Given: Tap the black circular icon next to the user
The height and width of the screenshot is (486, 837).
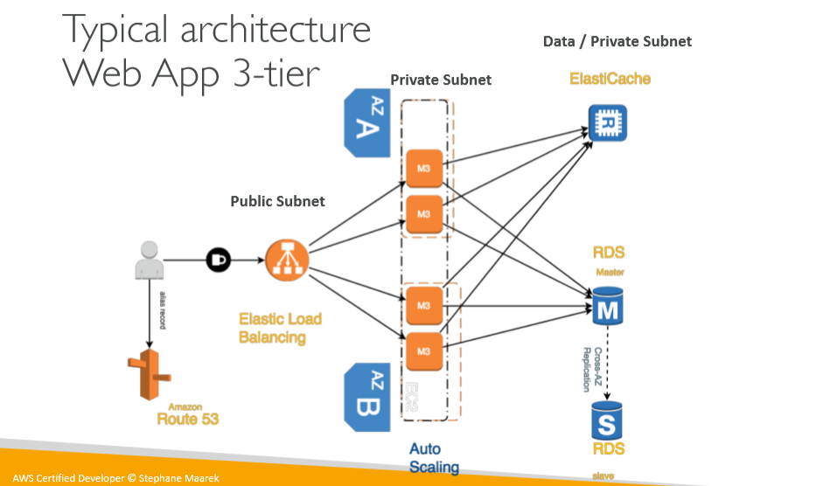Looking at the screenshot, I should tap(218, 260).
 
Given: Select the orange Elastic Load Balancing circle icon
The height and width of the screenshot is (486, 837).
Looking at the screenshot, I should tap(283, 260).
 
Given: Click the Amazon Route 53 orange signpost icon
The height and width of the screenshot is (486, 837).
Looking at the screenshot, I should tap(147, 374).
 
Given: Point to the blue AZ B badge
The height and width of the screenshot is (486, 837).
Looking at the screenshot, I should tap(366, 397).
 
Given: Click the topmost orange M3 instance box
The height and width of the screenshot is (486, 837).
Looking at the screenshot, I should tap(423, 168).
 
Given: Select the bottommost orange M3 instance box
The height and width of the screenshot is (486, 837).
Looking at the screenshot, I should tap(423, 351).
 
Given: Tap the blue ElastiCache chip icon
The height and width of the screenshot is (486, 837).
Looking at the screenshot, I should tap(608, 122).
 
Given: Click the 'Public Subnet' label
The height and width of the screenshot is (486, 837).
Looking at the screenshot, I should tap(277, 201).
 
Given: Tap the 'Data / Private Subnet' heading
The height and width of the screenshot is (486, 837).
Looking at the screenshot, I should tap(617, 41).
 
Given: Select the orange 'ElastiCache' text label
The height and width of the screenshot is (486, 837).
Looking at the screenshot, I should tap(610, 79).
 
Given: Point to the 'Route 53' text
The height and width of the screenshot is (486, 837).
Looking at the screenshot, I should tap(187, 419).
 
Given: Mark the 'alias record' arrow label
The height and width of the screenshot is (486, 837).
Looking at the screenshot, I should tap(163, 309).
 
